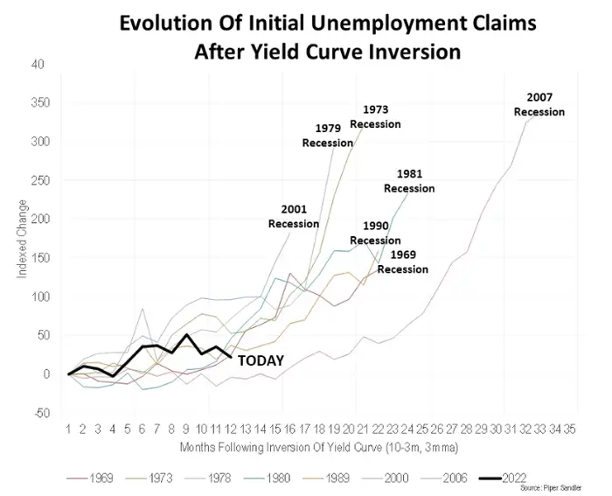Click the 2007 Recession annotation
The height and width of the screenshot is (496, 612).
click(x=539, y=104)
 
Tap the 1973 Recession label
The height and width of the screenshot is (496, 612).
click(x=375, y=116)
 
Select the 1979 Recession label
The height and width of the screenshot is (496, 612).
click(x=328, y=136)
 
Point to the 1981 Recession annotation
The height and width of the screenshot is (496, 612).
click(x=408, y=181)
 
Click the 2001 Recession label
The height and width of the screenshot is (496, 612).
click(x=293, y=216)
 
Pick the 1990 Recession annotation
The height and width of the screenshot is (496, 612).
click(x=375, y=233)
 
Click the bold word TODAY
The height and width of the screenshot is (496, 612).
click(x=261, y=360)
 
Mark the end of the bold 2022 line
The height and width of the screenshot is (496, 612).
click(x=229, y=357)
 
